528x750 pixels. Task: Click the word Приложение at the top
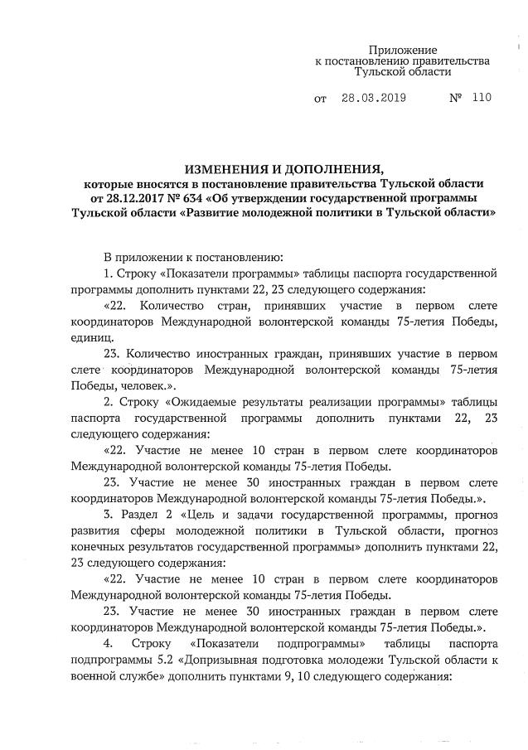pyautogui.click(x=402, y=50)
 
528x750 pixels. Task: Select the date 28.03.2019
pyautogui.click(x=372, y=98)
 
